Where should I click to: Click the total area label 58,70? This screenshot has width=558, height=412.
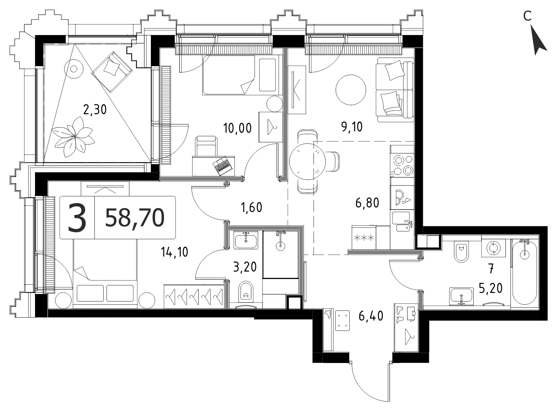click(x=135, y=218)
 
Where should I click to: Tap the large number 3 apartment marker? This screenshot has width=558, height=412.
click(x=77, y=218)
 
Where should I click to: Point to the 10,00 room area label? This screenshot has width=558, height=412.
click(x=237, y=128)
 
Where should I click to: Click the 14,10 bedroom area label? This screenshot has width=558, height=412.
click(x=174, y=252)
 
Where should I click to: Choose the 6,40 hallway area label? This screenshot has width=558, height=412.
click(x=371, y=316)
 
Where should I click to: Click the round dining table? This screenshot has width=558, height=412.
click(x=307, y=161)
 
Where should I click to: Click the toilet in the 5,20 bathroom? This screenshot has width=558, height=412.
click(x=461, y=251)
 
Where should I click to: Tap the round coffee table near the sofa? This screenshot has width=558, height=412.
click(x=351, y=90)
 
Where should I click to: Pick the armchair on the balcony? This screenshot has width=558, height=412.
click(x=112, y=72)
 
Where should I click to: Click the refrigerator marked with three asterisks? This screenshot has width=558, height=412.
click(x=364, y=237)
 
